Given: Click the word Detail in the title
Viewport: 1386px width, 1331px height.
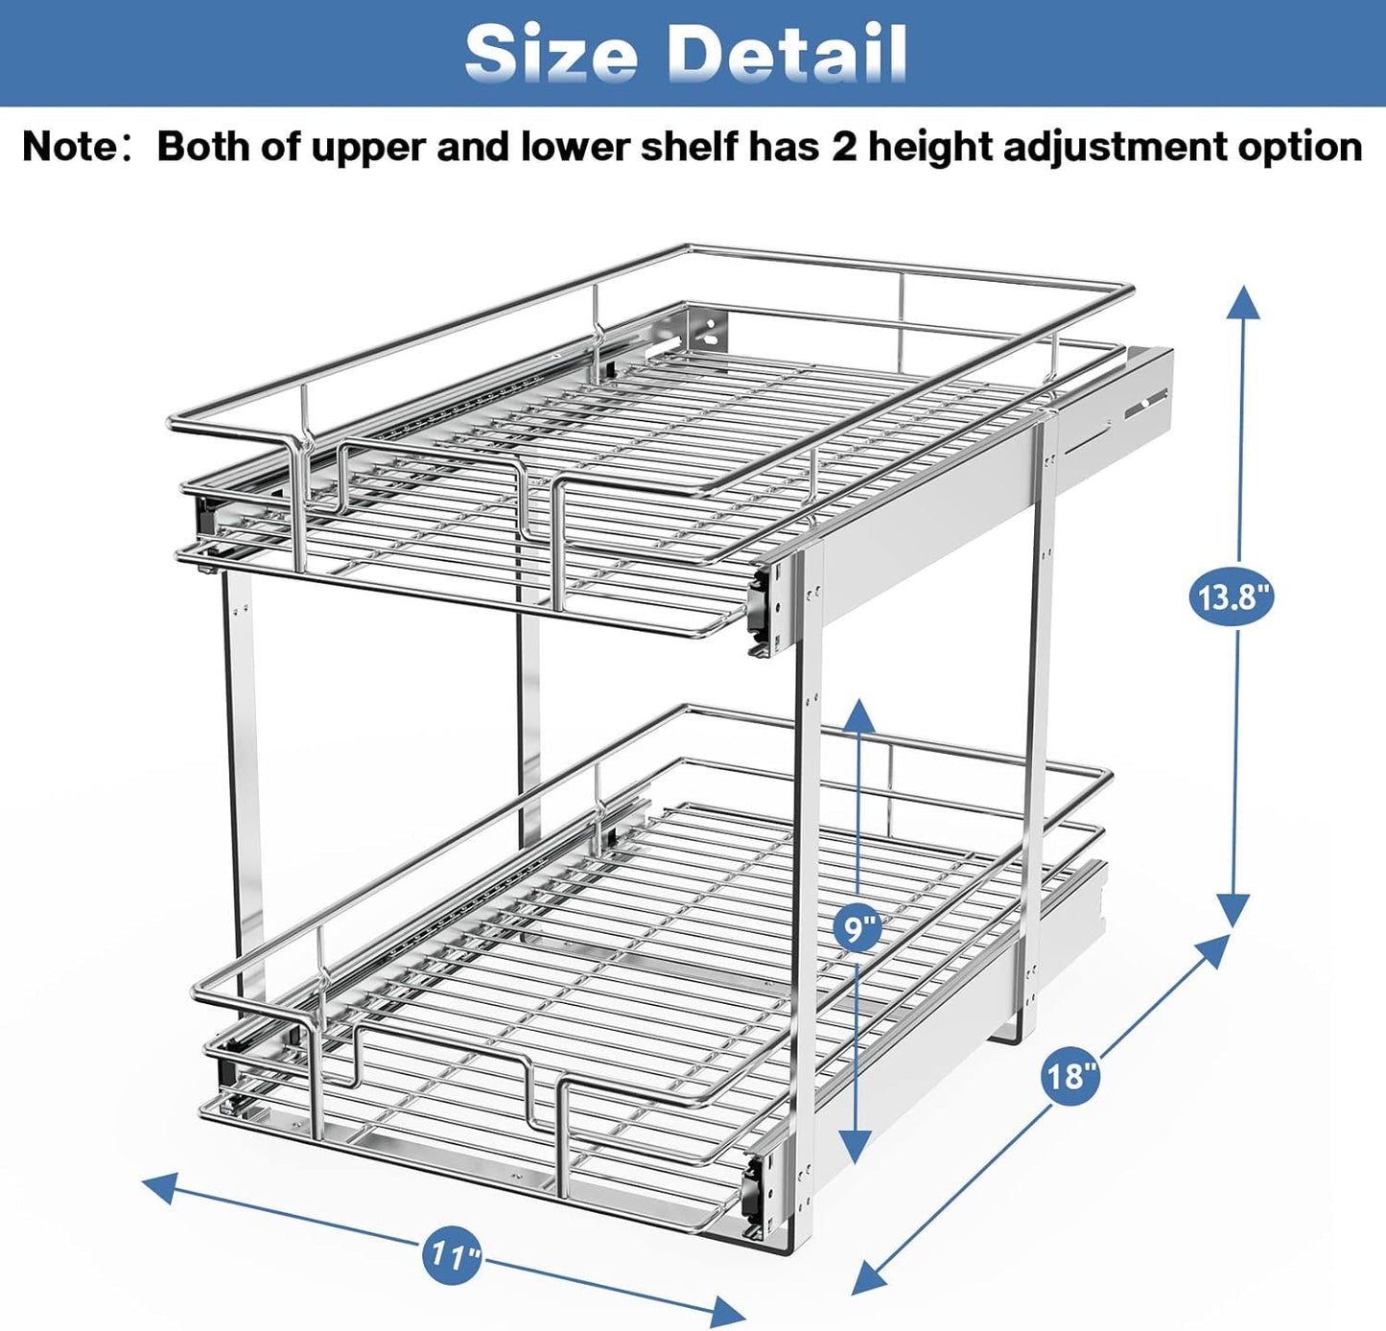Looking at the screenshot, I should (786, 53).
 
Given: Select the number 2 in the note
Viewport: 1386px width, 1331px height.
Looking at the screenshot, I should (843, 147).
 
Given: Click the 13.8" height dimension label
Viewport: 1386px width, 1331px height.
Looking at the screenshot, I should (1232, 596).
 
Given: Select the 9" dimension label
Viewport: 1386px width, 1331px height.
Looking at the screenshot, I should (857, 927).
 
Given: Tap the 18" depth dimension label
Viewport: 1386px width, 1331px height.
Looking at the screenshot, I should (1069, 1076).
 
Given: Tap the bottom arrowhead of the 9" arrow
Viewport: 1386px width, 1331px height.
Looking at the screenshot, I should (856, 1146).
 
